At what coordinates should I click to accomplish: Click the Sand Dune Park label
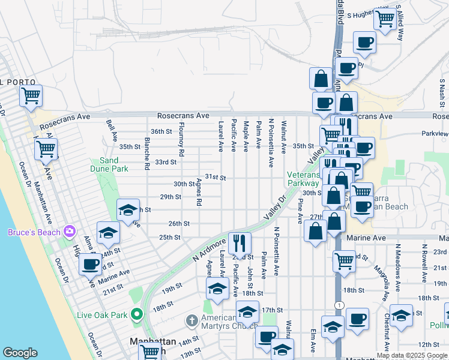pos(109,164)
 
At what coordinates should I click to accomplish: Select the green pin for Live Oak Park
pos(137,314)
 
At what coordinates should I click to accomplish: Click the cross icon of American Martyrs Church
pos(191,320)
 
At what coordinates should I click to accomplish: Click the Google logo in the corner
pos(20,353)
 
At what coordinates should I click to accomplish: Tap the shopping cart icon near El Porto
pos(30,95)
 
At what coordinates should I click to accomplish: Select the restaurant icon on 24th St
pos(240,242)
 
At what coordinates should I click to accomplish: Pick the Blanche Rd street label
pos(147,152)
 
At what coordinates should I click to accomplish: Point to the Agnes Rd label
pos(197,192)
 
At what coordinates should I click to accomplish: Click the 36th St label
pos(161,131)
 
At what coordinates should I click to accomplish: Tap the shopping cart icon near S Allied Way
pos(384,18)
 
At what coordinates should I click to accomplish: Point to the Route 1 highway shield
pos(340,306)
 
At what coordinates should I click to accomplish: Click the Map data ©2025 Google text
pos(412,355)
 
